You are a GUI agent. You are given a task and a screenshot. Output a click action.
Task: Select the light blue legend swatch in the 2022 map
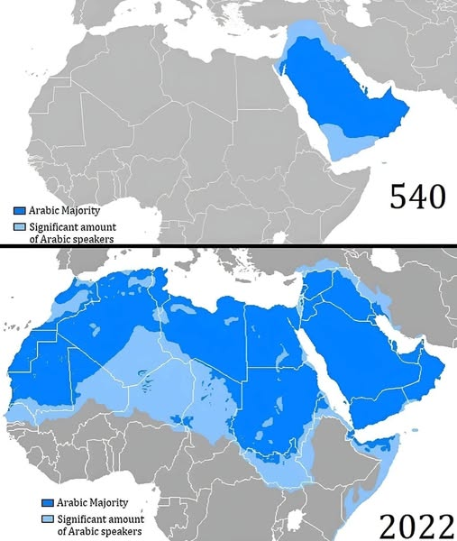pos(47,520)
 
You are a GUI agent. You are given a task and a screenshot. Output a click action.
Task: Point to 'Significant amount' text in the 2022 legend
pos(100,520)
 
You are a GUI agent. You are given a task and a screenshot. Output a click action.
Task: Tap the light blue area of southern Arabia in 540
pos(347,140)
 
